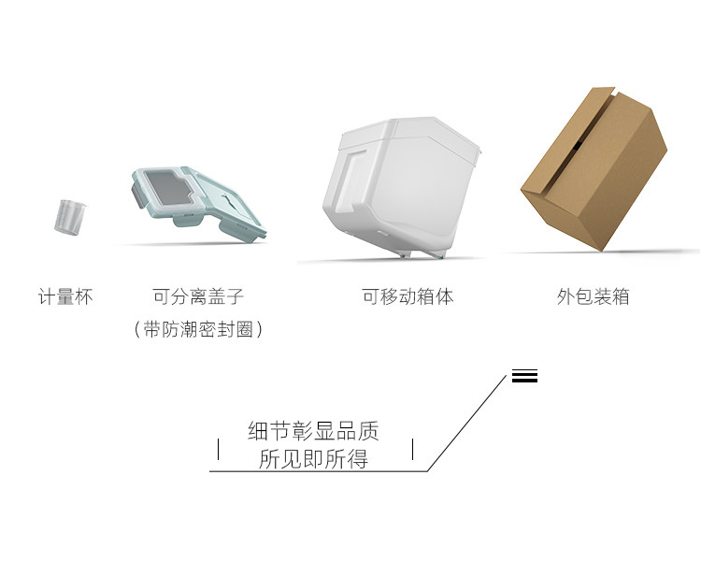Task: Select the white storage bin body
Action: click(397, 188)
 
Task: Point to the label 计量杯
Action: click(65, 297)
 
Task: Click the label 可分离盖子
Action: click(198, 297)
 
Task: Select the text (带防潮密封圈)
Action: click(198, 329)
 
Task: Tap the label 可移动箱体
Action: click(408, 297)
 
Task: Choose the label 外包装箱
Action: click(593, 297)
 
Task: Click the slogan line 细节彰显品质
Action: click(313, 431)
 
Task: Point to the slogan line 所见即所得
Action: click(313, 459)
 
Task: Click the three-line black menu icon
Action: click(524, 377)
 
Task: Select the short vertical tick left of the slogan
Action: click(218, 449)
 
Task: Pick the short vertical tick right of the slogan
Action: click(412, 449)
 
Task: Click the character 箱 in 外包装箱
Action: click(620, 297)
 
